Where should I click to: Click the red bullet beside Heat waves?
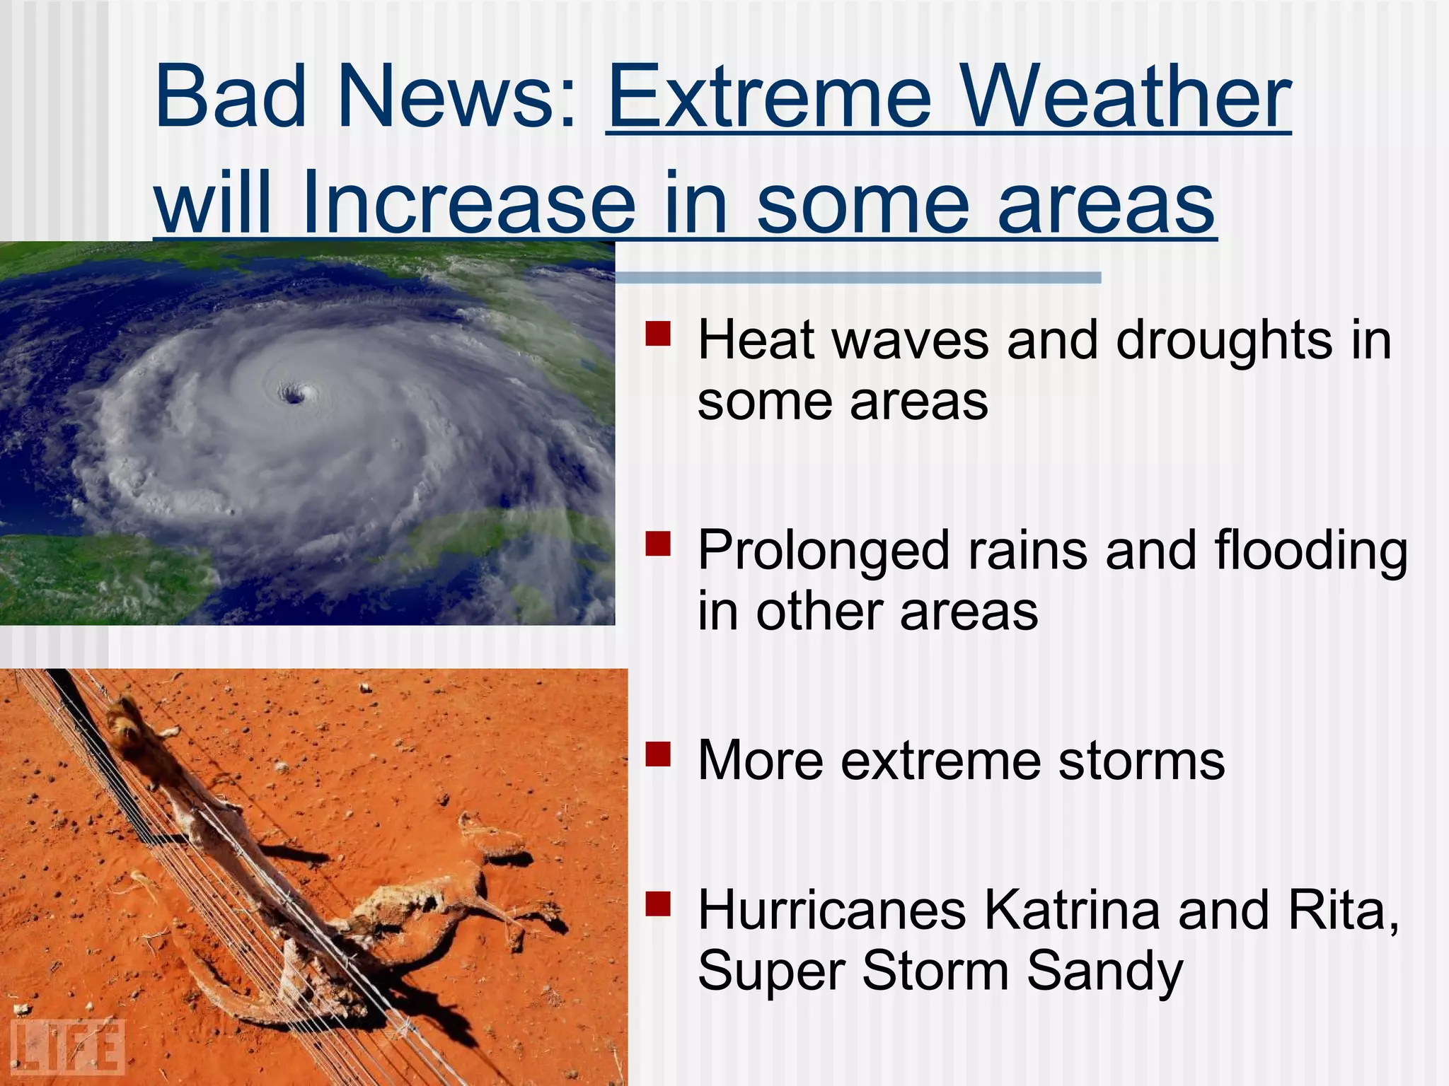click(657, 333)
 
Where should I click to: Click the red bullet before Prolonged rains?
click(657, 544)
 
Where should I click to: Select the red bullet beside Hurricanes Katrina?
click(657, 904)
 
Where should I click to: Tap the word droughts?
click(1224, 341)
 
